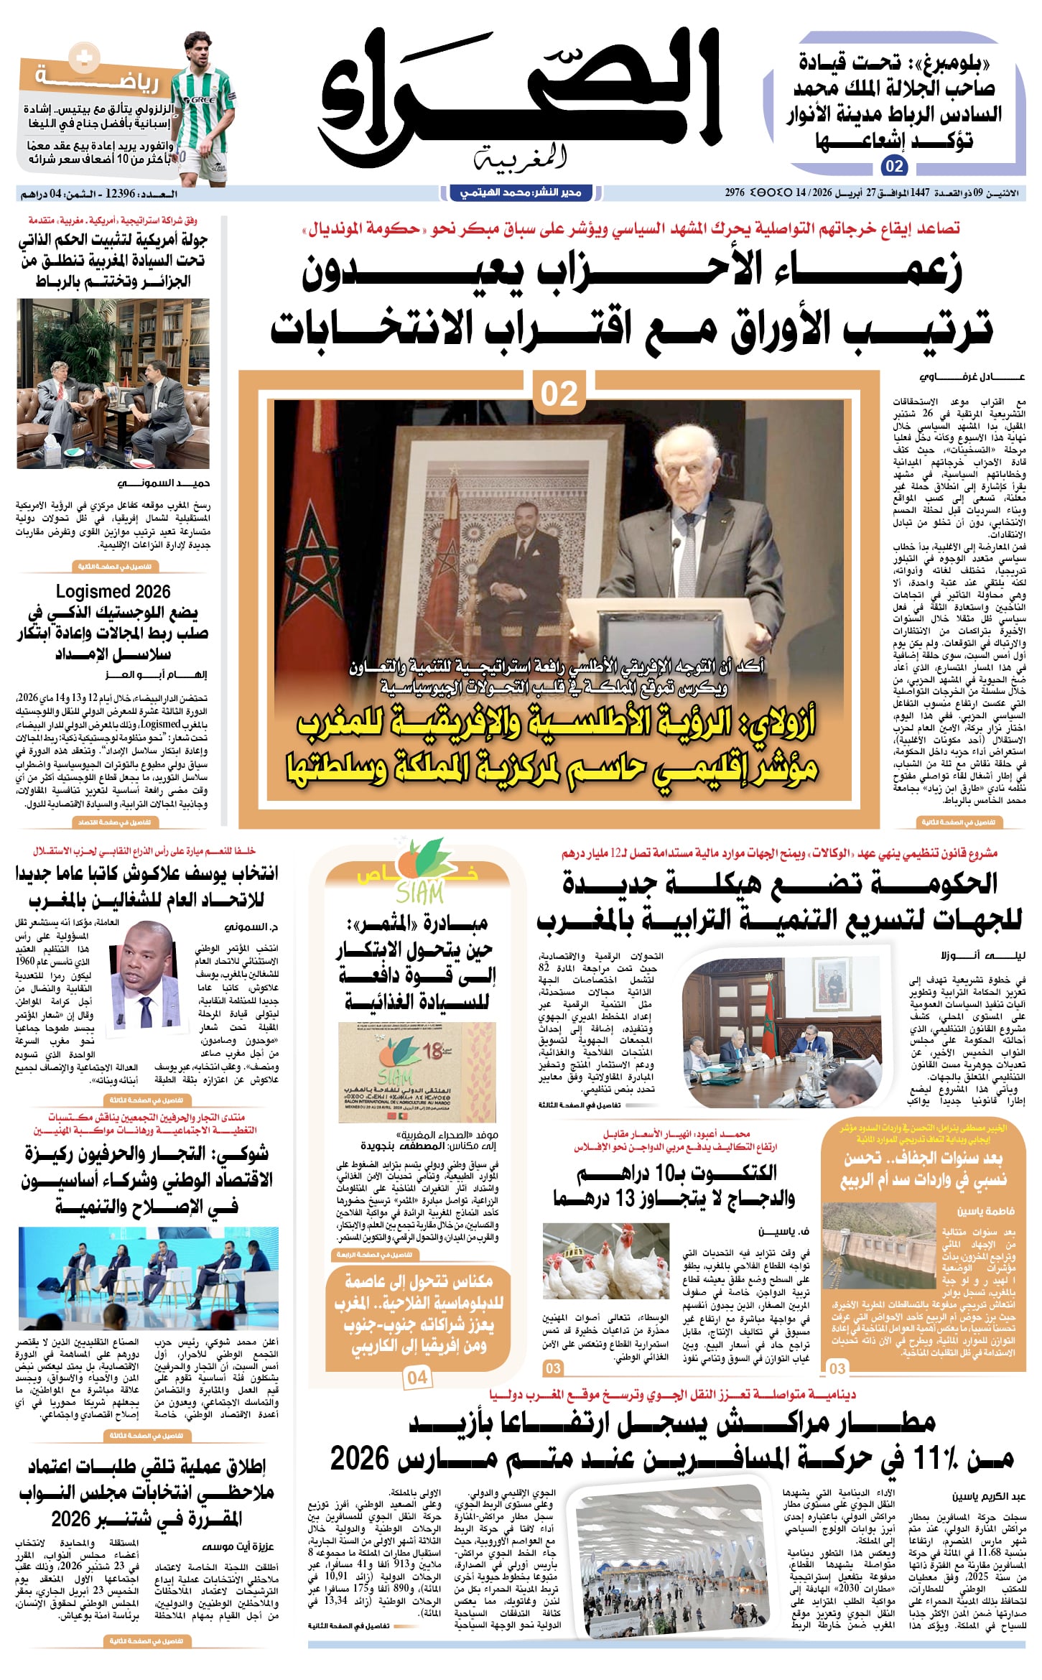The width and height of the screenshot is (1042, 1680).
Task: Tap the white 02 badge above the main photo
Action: pos(559,394)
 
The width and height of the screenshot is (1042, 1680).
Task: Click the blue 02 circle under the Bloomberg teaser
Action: pos(894,167)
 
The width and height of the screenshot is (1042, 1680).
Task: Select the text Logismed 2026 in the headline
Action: pos(113,591)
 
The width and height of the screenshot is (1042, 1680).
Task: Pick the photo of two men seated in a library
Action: pos(113,384)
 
